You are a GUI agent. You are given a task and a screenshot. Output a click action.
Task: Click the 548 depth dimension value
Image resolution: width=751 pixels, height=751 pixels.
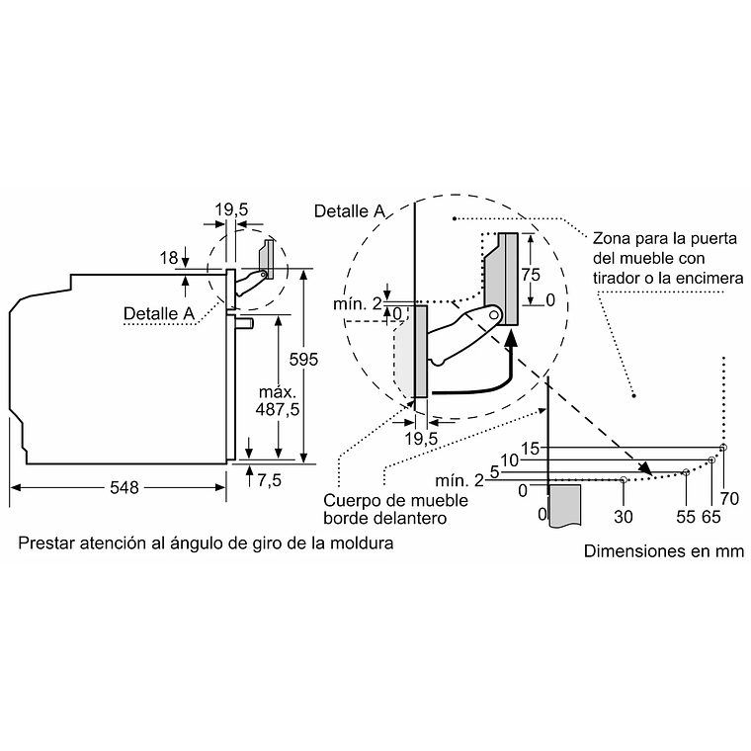125,487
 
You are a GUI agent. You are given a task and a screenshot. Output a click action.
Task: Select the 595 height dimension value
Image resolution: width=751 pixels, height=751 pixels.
303,360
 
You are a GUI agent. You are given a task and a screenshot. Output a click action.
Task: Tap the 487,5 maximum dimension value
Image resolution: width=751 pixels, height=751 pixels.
278,409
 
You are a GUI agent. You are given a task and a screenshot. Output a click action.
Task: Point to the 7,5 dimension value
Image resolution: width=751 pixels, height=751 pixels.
269,480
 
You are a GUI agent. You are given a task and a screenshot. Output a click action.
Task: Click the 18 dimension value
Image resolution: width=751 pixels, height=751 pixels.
169,258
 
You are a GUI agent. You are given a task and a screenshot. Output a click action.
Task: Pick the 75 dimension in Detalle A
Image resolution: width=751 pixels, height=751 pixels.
531,275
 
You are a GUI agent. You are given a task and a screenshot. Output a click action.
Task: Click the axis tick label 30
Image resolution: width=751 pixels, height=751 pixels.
624,517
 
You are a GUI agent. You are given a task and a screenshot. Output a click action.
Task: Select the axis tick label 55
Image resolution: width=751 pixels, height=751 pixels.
686,517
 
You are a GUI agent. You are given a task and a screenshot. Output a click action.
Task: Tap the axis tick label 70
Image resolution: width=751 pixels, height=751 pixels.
729,499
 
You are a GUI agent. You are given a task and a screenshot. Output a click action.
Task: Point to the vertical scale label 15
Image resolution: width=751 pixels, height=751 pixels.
531,449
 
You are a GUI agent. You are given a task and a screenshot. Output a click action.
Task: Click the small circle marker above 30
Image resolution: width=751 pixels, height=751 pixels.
624,479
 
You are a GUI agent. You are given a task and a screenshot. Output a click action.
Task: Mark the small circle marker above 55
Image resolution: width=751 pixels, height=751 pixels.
686,472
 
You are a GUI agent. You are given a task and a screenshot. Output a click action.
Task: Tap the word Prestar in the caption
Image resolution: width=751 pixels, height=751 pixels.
46,543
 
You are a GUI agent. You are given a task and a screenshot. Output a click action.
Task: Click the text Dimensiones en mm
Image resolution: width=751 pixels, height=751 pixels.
664,551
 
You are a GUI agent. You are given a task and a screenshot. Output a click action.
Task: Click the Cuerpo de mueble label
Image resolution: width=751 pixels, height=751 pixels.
395,501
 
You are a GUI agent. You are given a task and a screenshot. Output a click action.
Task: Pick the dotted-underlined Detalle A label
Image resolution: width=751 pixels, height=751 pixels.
159,313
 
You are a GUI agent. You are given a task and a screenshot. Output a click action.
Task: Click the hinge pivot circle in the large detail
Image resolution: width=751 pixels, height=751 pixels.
495,315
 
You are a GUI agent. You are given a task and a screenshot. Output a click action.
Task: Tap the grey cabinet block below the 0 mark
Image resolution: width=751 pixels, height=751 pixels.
564,505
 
